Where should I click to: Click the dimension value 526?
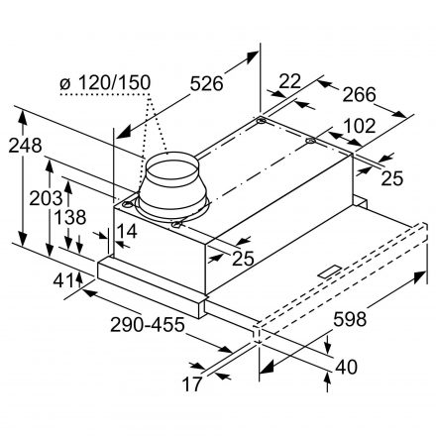click(x=207, y=83)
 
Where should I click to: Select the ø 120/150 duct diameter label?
click(x=105, y=82)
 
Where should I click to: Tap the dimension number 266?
click(x=359, y=95)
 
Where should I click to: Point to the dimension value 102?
click(x=360, y=126)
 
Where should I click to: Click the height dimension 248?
click(x=25, y=146)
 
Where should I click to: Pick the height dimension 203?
click(x=46, y=198)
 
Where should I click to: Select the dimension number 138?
click(x=70, y=217)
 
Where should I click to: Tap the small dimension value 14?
click(x=127, y=231)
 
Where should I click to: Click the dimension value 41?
click(x=63, y=280)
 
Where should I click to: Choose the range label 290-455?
click(x=148, y=325)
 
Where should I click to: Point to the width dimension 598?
click(x=350, y=319)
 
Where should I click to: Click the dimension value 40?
click(x=346, y=368)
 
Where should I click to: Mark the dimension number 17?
click(x=192, y=384)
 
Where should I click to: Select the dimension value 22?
click(x=290, y=81)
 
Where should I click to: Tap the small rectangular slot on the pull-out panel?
click(x=328, y=272)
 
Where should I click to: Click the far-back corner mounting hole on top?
click(x=261, y=120)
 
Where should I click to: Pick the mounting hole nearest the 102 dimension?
click(x=310, y=141)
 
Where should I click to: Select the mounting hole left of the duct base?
click(x=127, y=204)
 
